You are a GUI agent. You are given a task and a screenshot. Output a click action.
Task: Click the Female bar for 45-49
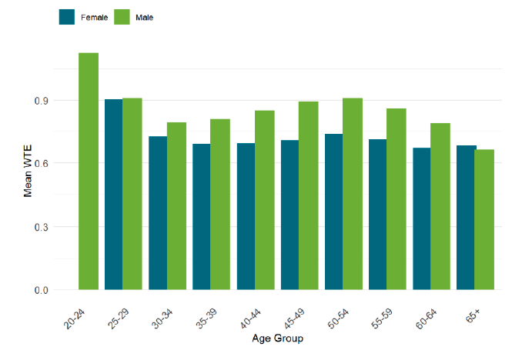point(290,215)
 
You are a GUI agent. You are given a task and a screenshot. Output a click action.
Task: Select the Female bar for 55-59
point(377,215)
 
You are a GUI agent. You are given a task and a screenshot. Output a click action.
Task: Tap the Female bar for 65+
point(465,218)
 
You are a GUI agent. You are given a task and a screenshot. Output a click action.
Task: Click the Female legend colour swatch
point(67,17)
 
